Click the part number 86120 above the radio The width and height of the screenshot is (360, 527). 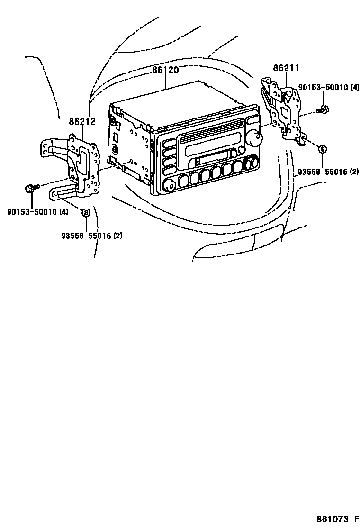(165, 70)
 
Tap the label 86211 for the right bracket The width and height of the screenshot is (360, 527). (286, 68)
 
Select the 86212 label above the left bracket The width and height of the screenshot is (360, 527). (82, 122)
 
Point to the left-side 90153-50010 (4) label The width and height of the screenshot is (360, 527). (37, 212)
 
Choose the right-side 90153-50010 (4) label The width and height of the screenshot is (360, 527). (329, 88)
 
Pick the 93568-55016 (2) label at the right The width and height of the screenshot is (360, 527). (328, 172)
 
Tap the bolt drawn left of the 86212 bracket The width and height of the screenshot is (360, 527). (30, 189)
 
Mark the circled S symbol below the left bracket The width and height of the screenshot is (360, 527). (86, 213)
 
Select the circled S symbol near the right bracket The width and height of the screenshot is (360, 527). (322, 149)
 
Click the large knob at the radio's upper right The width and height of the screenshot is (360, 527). (255, 139)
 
